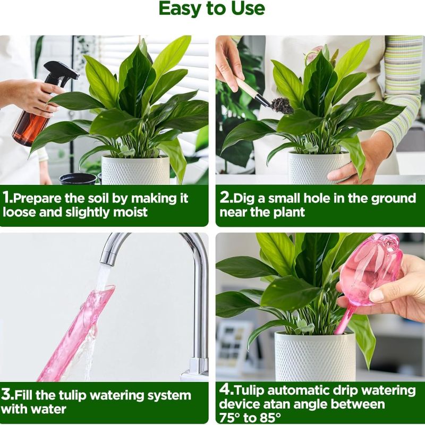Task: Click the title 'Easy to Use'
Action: coord(212,9)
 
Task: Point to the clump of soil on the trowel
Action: coord(282,105)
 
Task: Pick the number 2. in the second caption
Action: coord(225,199)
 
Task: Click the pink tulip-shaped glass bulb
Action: coord(372,271)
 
